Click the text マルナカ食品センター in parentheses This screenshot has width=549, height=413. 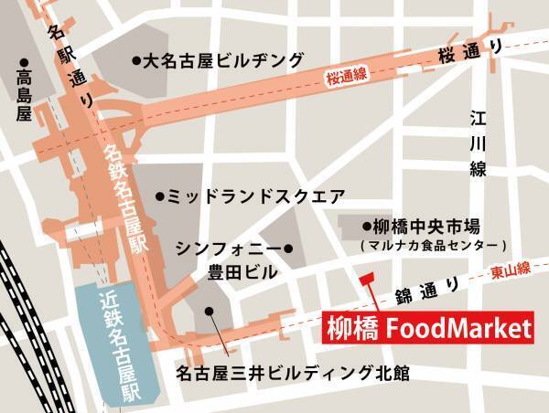(433, 246)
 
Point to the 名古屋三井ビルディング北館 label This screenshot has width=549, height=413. (293, 374)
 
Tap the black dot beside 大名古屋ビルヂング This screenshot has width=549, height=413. (135, 61)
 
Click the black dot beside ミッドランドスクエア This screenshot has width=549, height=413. (159, 196)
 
